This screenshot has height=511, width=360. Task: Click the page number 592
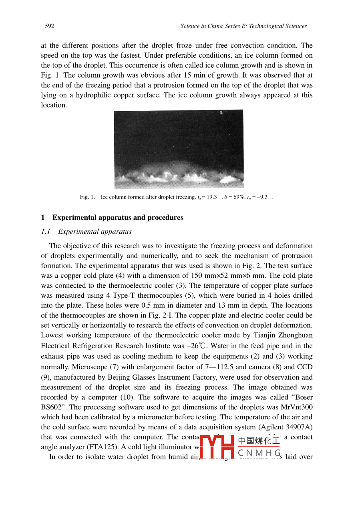49,26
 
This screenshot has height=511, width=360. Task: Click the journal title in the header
243,26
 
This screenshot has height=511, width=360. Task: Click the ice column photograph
179,149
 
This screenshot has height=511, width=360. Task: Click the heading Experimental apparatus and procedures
118,218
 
